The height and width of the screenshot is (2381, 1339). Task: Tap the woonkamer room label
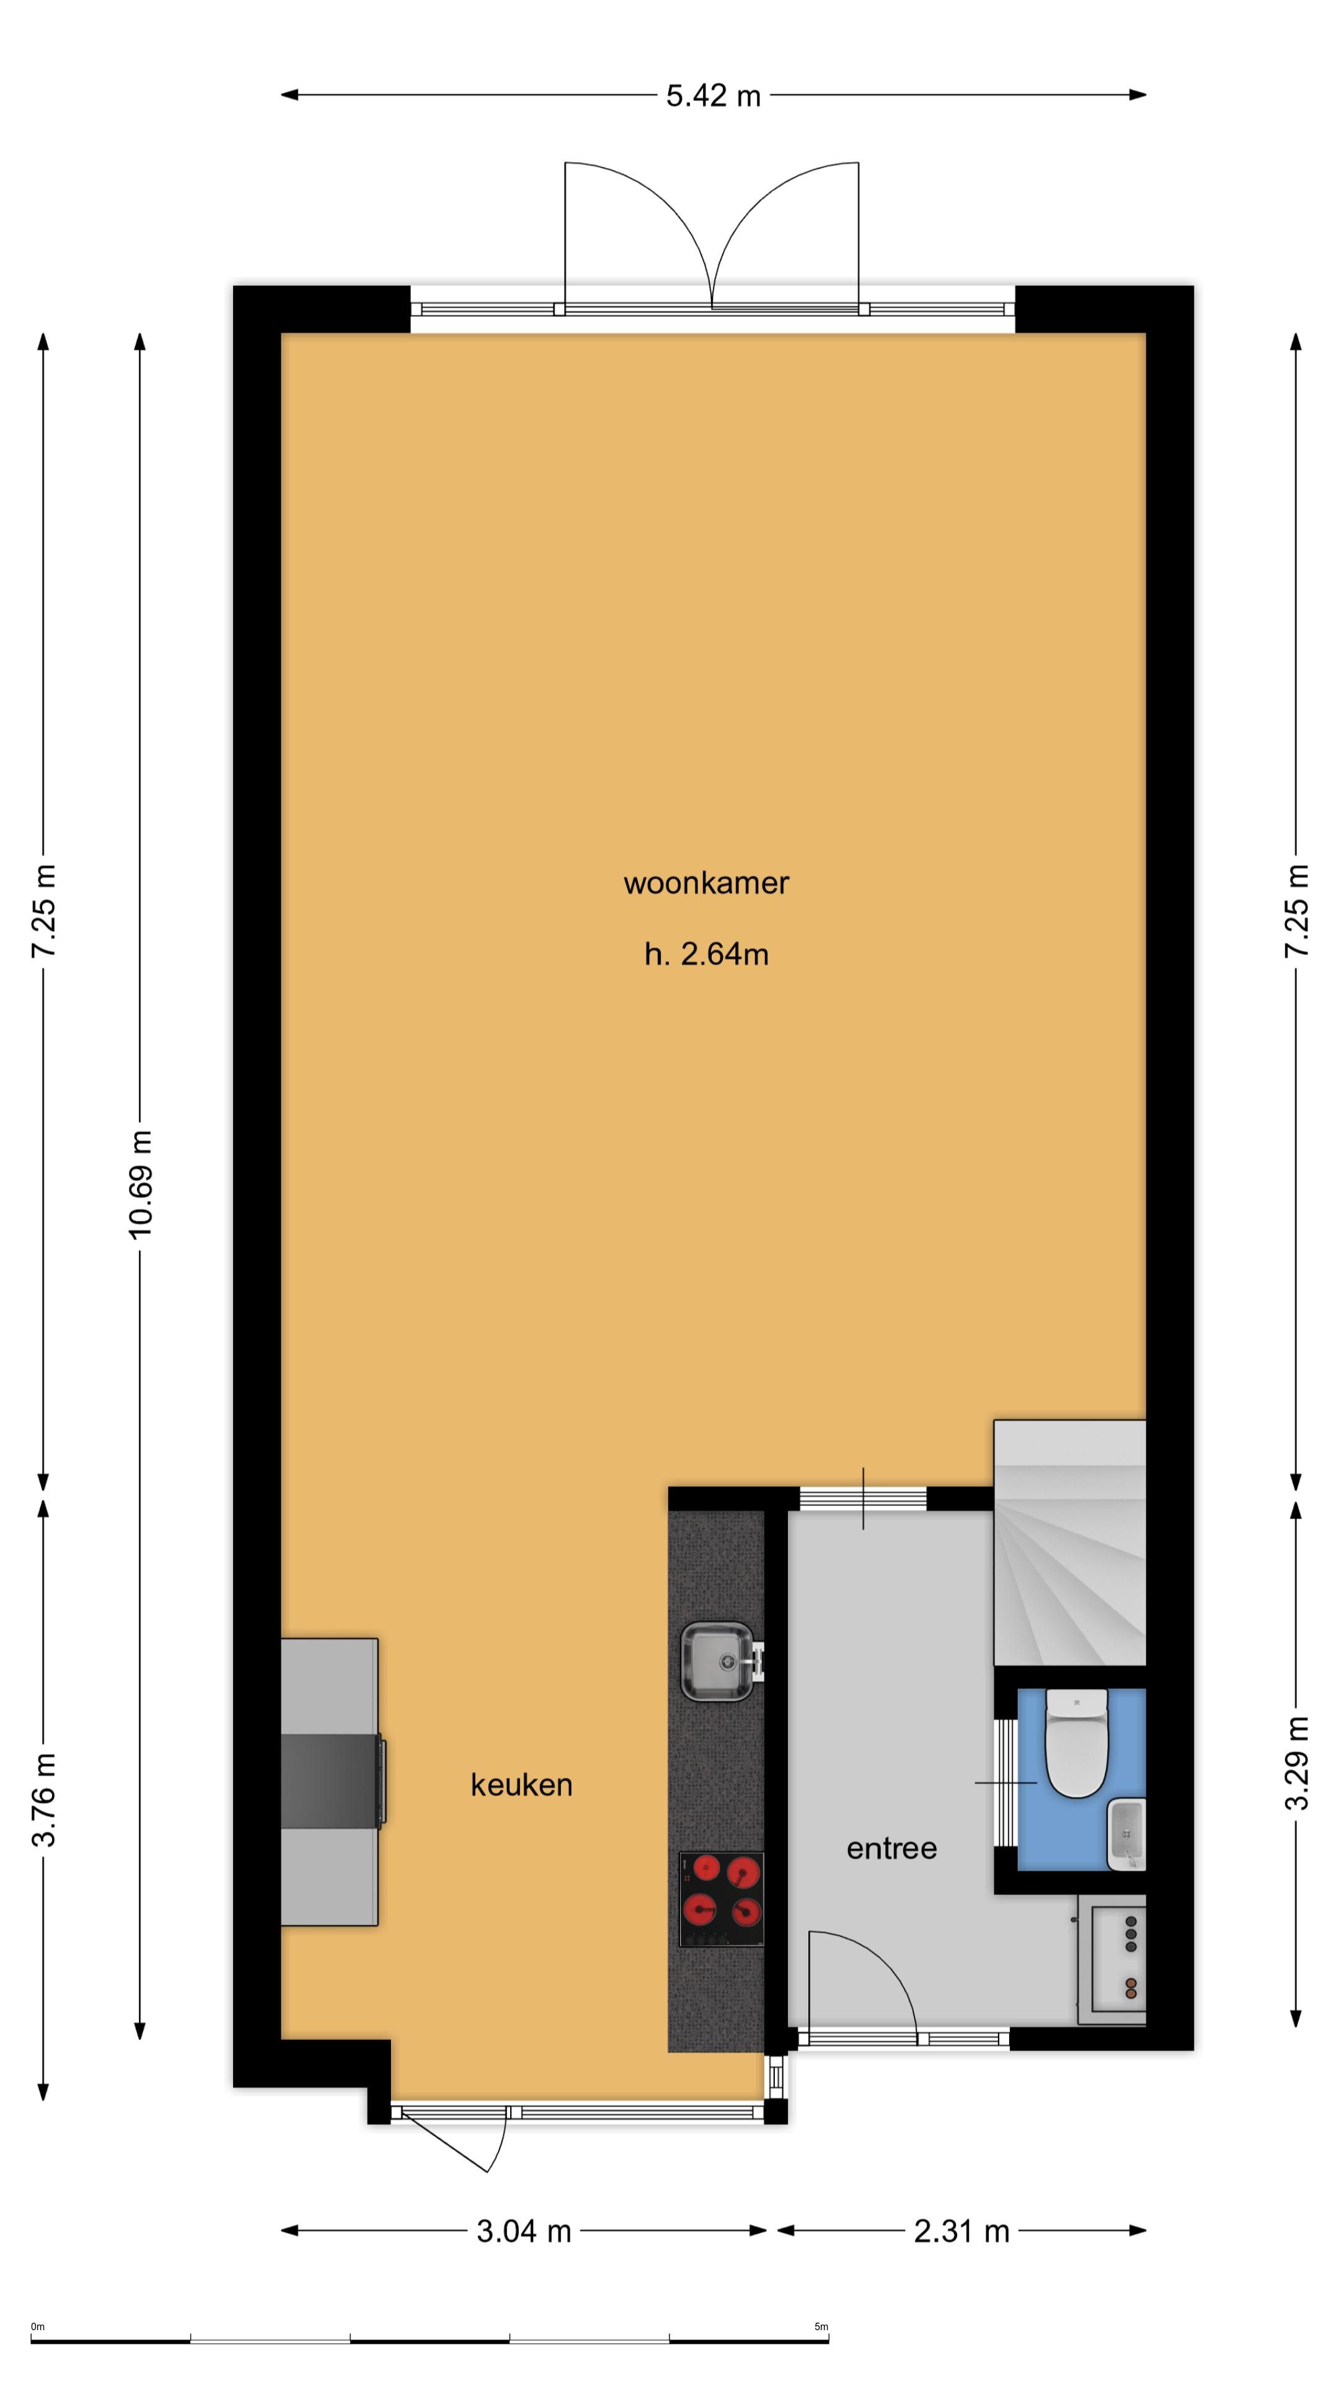(706, 883)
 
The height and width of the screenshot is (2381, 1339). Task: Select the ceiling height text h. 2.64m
(706, 954)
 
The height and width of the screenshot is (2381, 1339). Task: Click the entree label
(892, 1848)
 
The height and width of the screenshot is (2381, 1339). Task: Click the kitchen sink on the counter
(718, 1661)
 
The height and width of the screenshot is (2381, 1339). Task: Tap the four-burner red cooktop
(721, 1899)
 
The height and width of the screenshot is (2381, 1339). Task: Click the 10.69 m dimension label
(141, 1183)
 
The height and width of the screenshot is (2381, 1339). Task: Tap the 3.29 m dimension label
(1297, 1763)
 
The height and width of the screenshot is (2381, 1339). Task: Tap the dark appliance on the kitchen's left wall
(331, 1781)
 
